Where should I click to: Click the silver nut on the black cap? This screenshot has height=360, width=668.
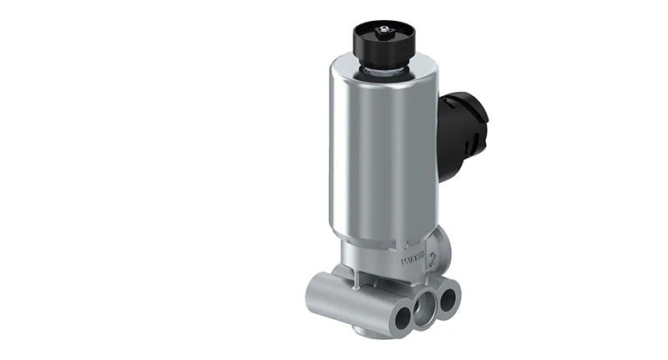(x=383, y=32)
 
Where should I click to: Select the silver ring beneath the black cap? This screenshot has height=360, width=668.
(x=383, y=72)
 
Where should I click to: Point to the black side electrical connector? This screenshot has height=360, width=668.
(x=462, y=134)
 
